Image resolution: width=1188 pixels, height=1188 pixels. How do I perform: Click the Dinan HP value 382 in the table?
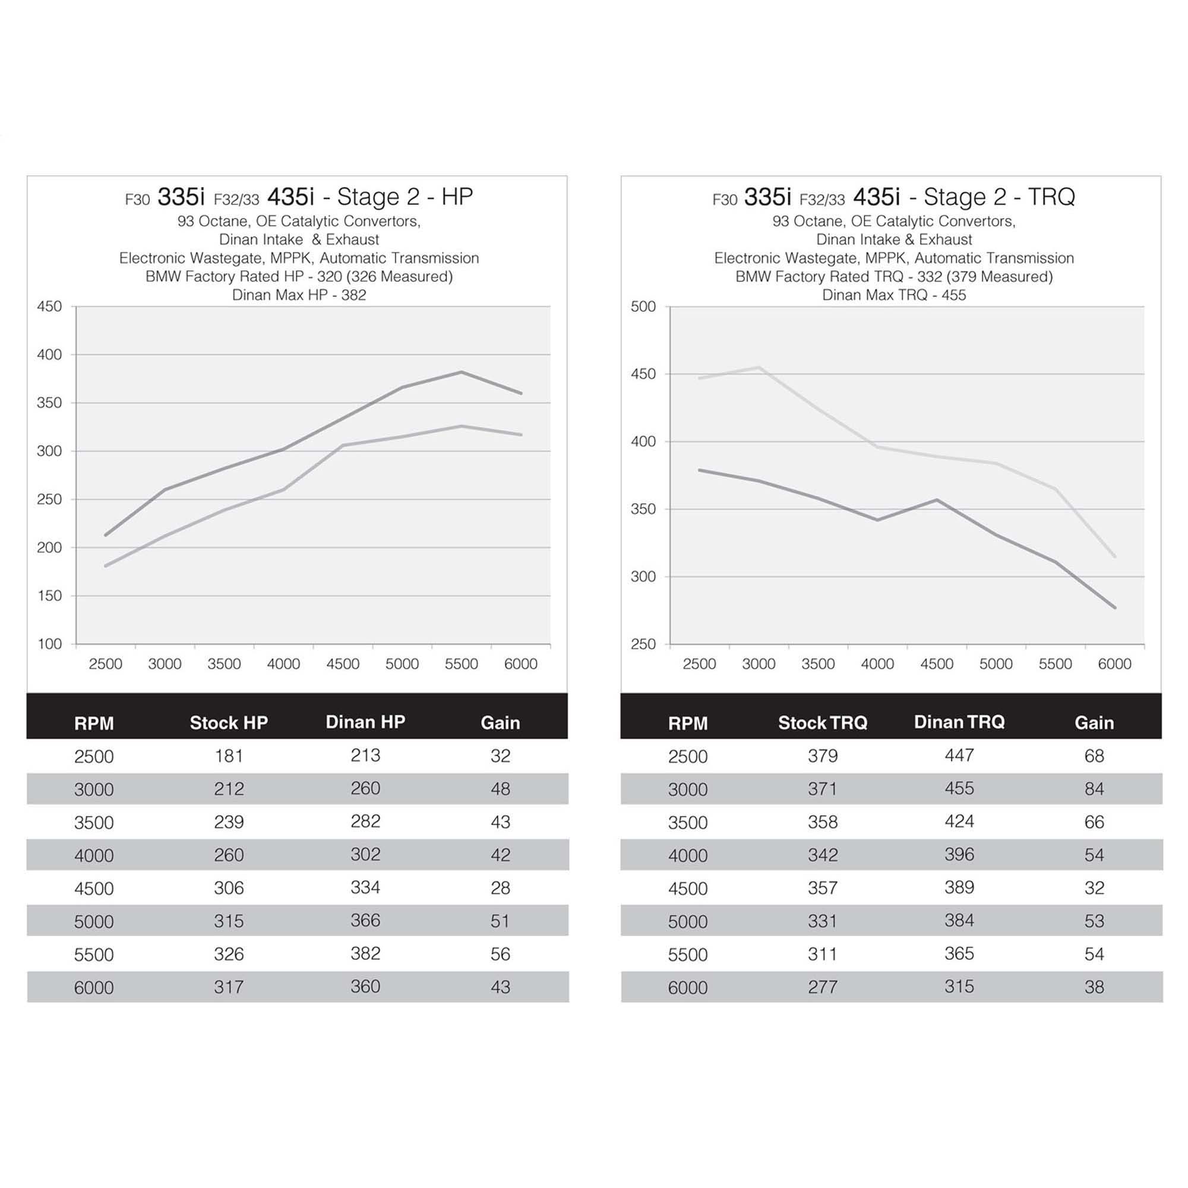[x=365, y=954]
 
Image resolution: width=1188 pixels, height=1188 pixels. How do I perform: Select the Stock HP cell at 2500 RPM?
[x=229, y=756]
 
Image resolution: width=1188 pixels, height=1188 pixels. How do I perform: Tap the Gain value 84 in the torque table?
[x=1094, y=789]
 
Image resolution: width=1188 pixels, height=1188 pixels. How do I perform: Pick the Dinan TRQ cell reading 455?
[x=959, y=788]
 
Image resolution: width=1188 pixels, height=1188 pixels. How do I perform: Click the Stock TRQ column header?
[x=822, y=722]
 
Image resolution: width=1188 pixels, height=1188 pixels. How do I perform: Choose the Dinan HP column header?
[x=365, y=722]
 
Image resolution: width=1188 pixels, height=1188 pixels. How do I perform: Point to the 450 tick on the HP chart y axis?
[x=49, y=307]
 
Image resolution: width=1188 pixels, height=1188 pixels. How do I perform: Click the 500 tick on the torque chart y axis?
[x=643, y=307]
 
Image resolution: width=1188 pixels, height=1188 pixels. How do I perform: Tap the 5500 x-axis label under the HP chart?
[x=461, y=664]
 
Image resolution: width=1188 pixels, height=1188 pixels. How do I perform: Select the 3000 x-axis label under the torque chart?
[x=758, y=664]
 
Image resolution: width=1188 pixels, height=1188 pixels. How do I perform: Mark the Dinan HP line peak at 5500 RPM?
[x=461, y=372]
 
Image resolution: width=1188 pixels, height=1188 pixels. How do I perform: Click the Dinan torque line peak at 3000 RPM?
[x=759, y=368]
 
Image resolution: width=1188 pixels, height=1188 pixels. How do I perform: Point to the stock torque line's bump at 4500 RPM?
[x=937, y=500]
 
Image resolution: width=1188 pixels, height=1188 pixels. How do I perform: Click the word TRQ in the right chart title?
[x=1051, y=197]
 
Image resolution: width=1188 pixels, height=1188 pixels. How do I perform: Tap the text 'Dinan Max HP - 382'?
[x=299, y=295]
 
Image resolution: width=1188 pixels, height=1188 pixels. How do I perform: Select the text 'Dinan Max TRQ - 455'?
[x=893, y=295]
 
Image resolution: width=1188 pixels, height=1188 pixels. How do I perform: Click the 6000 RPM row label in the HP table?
[x=93, y=988]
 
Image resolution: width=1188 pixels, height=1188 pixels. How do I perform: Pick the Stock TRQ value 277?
[x=822, y=987]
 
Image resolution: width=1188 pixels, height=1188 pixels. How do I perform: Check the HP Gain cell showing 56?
[x=500, y=955]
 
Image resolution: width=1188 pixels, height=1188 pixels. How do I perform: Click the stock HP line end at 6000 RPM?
[x=521, y=435]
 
